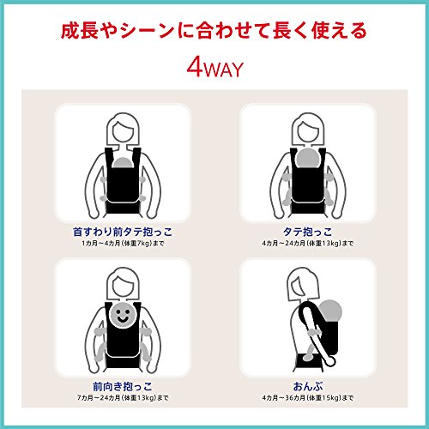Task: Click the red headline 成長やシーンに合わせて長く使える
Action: pos(214,31)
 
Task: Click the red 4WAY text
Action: pos(215,69)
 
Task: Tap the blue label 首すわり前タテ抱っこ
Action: pos(123,232)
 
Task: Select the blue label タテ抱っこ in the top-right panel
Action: pos(308,232)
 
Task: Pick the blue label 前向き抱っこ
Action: pos(123,386)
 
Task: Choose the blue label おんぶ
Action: pos(308,386)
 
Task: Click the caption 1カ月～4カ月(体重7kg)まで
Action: pos(123,244)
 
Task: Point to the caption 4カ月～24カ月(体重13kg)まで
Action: pos(308,244)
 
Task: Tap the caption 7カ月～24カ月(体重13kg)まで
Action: pos(123,398)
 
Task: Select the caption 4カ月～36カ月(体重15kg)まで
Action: pos(308,398)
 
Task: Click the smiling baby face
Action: pos(123,315)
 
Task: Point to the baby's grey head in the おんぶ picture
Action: pos(330,311)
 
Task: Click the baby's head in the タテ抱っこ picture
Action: pos(308,159)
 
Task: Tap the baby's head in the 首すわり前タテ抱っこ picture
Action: pos(123,162)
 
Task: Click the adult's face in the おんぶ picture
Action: pos(299,288)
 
